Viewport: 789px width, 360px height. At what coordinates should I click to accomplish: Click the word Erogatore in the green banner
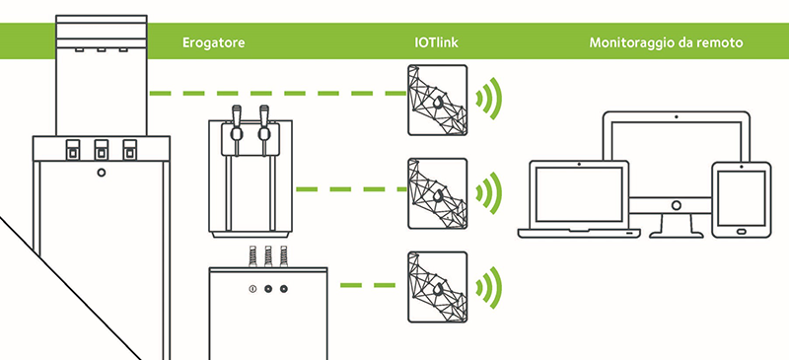tap(213, 42)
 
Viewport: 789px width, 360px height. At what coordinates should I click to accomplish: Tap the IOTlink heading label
tap(436, 42)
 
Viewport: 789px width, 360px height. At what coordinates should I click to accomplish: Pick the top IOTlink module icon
tap(437, 101)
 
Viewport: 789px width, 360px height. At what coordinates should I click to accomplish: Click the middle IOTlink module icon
tap(437, 194)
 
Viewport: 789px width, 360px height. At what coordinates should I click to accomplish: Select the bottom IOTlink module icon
tap(437, 287)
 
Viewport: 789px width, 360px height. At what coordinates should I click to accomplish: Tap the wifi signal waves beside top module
tap(489, 99)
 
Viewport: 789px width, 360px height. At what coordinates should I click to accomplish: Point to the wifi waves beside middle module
tap(489, 192)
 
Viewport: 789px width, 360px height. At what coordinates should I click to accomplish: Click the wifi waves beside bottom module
tap(489, 287)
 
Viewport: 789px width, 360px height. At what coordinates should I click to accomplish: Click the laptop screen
tap(579, 194)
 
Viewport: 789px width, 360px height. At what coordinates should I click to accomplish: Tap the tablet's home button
tap(742, 232)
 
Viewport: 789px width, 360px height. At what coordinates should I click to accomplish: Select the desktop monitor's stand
tap(677, 225)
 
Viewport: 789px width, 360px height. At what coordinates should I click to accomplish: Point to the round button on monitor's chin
tap(677, 205)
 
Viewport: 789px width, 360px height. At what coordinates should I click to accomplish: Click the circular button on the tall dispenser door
tap(102, 173)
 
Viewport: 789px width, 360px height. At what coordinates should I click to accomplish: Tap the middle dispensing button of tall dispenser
tap(102, 150)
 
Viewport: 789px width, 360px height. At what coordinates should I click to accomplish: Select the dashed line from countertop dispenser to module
tap(351, 189)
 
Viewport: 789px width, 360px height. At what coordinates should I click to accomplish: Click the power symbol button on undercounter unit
tap(252, 289)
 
